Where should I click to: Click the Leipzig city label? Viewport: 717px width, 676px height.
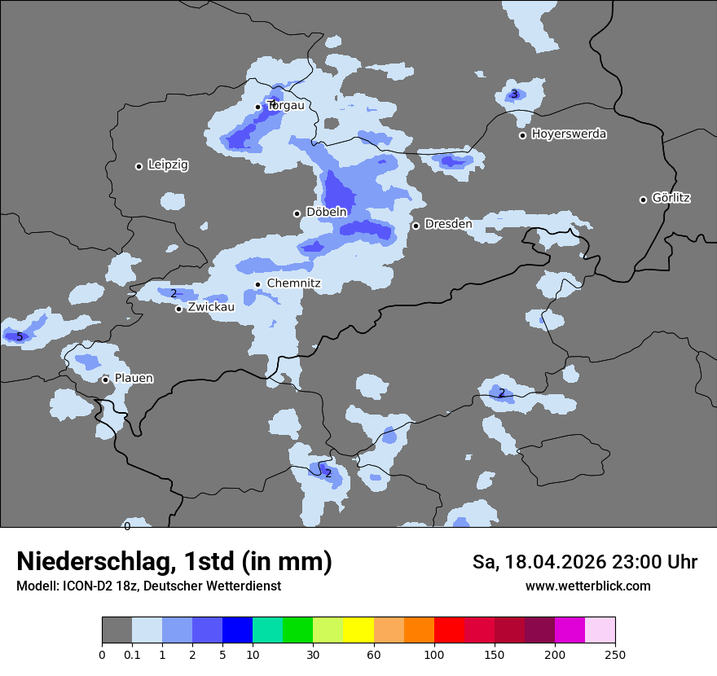[x=168, y=165]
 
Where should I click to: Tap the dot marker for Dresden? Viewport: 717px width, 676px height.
[x=416, y=226]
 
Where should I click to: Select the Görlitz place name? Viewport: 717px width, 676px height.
[x=671, y=198]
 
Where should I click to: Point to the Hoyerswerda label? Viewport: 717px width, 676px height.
[x=569, y=134]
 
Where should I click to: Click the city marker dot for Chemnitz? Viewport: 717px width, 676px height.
[x=258, y=284]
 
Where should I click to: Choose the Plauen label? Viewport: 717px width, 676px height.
[x=134, y=379]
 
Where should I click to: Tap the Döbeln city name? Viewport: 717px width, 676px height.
[x=326, y=213]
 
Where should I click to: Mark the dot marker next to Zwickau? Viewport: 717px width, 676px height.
[x=178, y=309]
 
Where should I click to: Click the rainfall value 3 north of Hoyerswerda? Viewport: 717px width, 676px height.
[x=514, y=94]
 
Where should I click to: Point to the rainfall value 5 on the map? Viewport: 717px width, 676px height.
[x=20, y=336]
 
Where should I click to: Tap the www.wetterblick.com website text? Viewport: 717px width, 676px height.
[x=587, y=586]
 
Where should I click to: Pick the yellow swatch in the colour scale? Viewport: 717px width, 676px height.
[x=358, y=630]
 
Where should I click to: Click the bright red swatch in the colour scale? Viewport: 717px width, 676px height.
[x=448, y=630]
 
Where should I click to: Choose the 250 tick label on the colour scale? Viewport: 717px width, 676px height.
[x=615, y=655]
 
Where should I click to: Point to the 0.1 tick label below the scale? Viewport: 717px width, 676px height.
[x=132, y=655]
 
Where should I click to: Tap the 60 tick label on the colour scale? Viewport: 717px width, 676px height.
[x=373, y=655]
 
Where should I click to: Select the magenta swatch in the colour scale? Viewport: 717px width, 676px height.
[x=570, y=630]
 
